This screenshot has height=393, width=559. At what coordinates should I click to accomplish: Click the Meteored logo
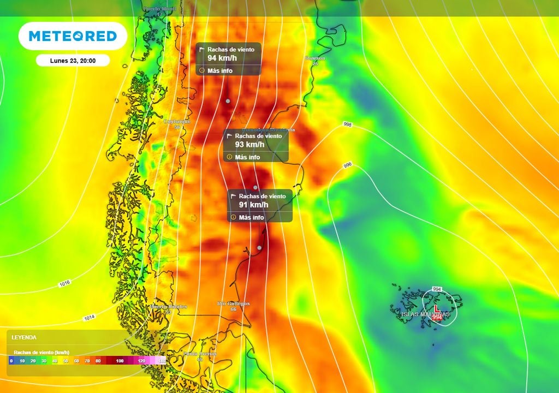coord(73,36)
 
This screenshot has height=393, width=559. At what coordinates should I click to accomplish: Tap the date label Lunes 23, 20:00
coord(73,61)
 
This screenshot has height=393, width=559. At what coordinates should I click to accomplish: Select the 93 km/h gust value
coord(249,145)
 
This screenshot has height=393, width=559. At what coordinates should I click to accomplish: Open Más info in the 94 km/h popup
coord(219,70)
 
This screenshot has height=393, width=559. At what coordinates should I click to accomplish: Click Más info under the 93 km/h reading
coord(247,157)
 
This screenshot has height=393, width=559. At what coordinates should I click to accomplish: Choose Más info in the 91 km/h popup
coord(251,217)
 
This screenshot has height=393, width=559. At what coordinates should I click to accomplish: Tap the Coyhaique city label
coord(177,122)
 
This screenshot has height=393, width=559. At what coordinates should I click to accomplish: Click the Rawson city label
coord(315,58)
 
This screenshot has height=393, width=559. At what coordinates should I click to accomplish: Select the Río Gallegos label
coord(234,303)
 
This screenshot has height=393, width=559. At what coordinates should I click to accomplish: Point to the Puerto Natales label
coord(169,307)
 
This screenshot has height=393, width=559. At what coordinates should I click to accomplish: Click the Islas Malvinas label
coord(425,314)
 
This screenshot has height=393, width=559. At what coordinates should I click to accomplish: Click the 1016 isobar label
coord(64,284)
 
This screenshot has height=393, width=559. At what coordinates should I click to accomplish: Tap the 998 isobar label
coord(348,125)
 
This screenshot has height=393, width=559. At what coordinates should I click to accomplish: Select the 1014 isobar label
coord(90,318)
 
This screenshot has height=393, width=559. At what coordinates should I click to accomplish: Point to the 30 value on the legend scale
coord(44,361)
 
